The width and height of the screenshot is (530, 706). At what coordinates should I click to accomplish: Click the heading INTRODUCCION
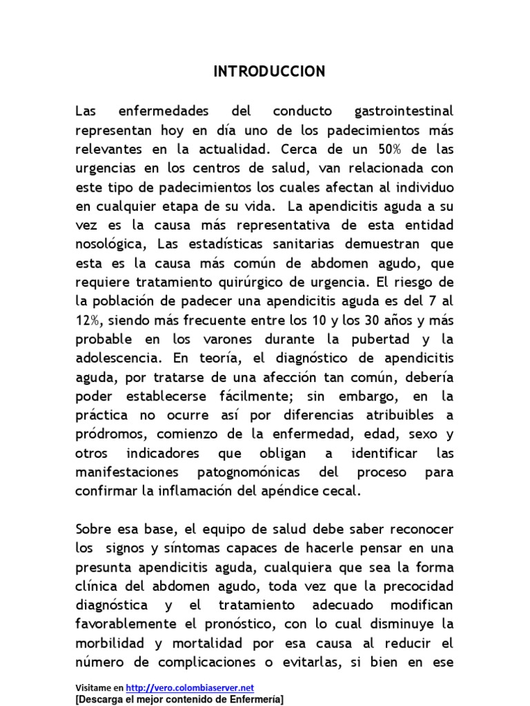tap(269, 72)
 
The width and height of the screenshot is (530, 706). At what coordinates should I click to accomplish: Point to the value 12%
tap(88, 321)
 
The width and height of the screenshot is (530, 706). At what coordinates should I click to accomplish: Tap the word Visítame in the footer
tap(95, 687)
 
